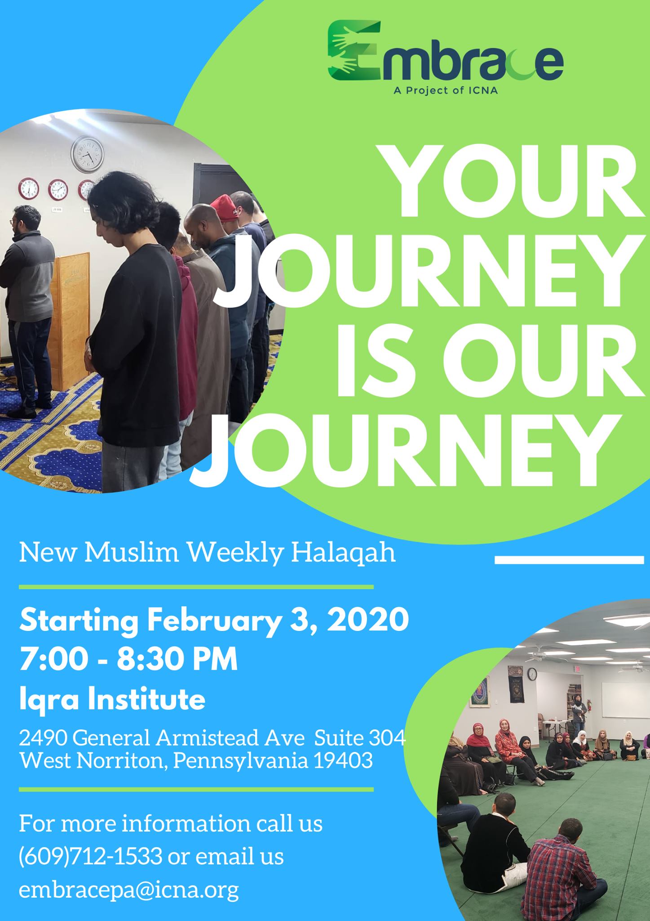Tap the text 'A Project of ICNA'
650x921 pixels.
tap(445, 90)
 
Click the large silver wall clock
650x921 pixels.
tap(87, 154)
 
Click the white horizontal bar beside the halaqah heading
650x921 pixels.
tap(569, 560)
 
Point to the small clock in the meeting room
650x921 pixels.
tap(532, 673)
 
